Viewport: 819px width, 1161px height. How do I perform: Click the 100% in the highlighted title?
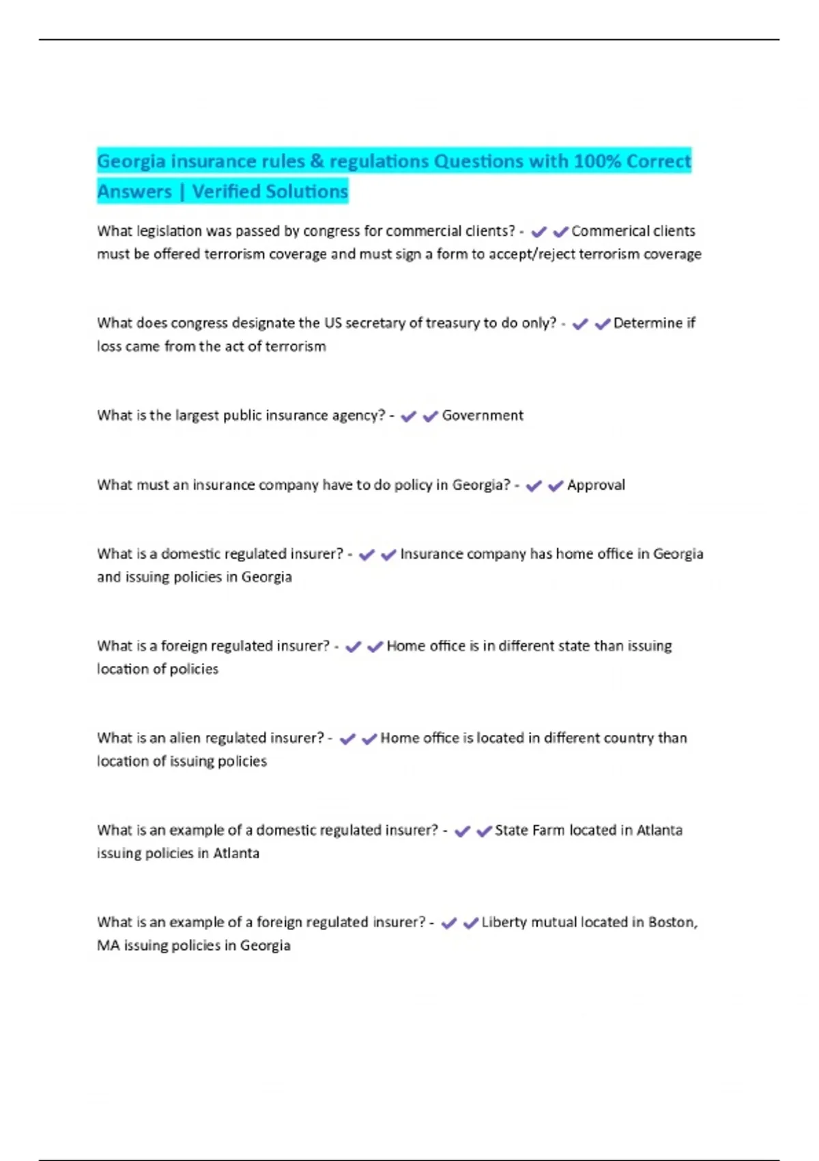point(597,161)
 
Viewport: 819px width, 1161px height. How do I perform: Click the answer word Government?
point(483,415)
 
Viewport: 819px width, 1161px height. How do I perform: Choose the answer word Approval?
point(596,485)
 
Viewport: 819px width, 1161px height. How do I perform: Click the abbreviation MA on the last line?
point(108,945)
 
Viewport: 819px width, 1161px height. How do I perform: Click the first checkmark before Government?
point(408,417)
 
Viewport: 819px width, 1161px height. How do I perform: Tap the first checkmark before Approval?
point(534,486)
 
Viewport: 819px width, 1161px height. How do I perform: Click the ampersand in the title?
point(317,161)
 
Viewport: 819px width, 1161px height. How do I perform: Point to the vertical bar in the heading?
point(182,192)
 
